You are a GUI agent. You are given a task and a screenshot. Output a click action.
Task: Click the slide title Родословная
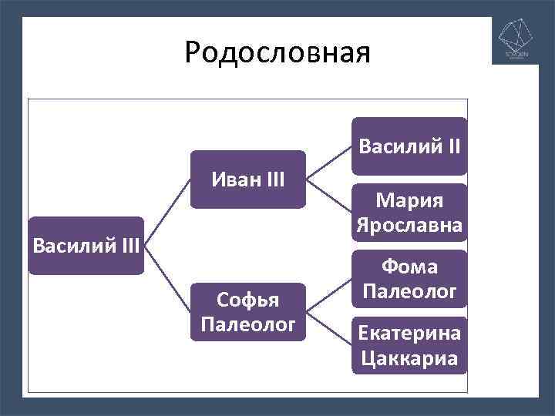277,52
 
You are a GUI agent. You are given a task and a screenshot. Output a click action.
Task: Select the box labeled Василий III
86,246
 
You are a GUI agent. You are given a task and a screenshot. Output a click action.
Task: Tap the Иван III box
248,179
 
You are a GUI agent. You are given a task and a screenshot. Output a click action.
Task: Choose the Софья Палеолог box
248,312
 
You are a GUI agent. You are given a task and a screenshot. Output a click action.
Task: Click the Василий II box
409,146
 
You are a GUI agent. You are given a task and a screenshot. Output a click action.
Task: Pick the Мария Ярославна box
409,213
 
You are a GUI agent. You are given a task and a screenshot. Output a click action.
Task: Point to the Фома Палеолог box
409,279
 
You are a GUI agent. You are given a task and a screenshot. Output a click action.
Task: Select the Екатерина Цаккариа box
409,345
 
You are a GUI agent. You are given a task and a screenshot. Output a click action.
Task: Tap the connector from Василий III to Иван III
167,213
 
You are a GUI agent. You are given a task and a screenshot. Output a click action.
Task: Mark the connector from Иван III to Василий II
329,163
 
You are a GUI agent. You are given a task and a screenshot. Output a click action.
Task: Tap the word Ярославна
409,225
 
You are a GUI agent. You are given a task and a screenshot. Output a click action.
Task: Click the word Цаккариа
409,358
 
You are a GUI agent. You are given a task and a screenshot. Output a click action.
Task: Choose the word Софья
248,299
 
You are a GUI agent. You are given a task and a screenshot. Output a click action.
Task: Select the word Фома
409,267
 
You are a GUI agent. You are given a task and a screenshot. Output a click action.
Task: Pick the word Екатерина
409,333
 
